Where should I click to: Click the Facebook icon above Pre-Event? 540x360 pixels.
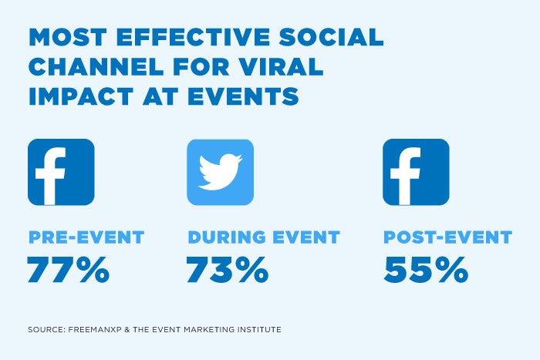coord(61,172)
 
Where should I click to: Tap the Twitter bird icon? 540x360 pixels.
coord(220,172)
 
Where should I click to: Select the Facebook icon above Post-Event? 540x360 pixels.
coord(416,172)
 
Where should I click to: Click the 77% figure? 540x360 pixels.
coord(68,271)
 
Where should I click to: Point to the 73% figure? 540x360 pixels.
coord(227,271)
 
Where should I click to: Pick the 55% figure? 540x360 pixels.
coord(425,271)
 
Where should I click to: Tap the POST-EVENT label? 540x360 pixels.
coord(447,237)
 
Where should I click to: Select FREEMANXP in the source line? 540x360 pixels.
coord(93,330)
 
